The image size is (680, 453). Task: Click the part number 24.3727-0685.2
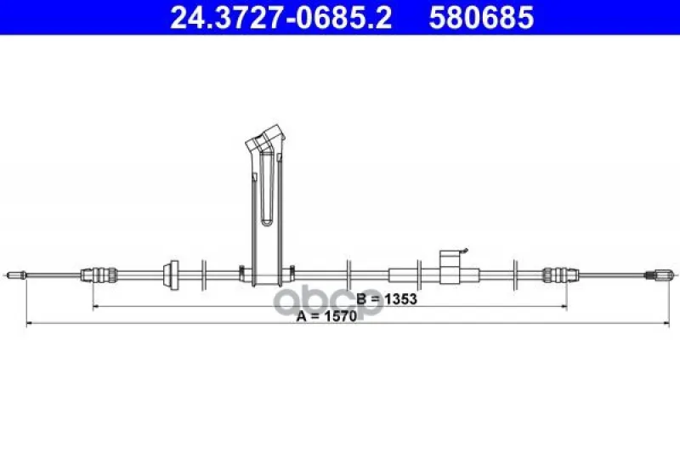[280, 17]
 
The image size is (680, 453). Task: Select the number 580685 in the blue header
[481, 17]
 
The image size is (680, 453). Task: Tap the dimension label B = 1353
[387, 298]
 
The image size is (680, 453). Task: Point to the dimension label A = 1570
[326, 315]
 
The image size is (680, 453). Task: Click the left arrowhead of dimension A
[30, 323]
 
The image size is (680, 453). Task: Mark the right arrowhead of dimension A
[666, 323]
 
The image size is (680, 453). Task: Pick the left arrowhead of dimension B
[96, 307]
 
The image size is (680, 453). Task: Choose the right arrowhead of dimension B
[564, 307]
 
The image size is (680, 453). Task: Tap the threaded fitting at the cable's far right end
[660, 275]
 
